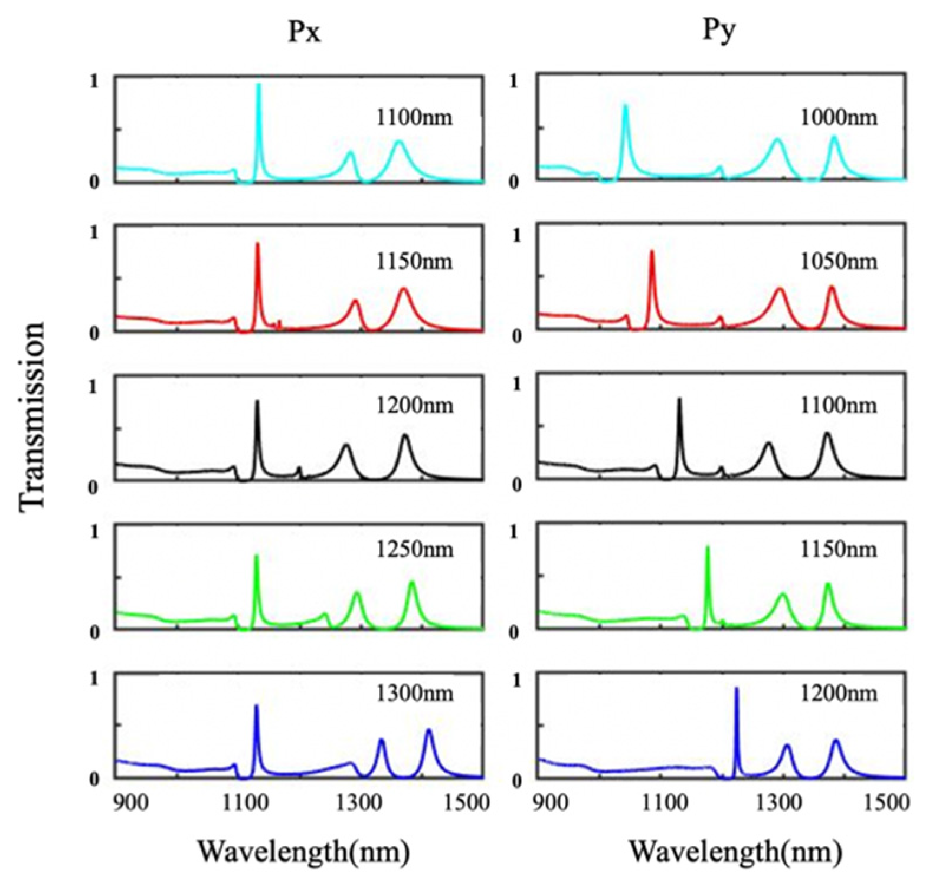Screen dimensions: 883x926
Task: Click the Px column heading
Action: point(305,32)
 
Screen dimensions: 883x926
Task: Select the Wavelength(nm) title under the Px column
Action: point(303,852)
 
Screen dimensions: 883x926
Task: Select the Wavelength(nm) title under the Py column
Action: point(735,852)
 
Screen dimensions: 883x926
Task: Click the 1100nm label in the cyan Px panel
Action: point(414,117)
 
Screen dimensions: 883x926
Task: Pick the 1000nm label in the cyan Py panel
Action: point(839,117)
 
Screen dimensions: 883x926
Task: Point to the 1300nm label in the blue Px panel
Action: point(415,693)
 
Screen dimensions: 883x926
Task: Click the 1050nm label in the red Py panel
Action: point(839,261)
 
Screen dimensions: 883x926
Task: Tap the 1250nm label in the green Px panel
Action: point(415,549)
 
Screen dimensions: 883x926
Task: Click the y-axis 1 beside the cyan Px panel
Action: point(94,81)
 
